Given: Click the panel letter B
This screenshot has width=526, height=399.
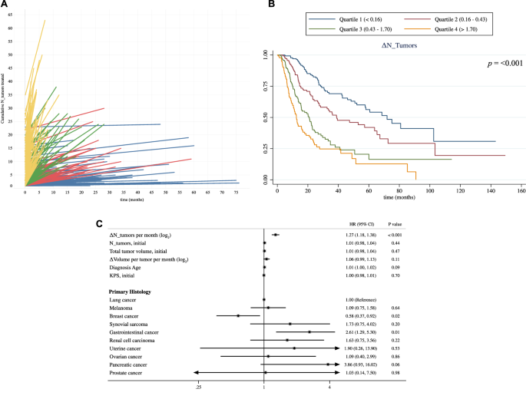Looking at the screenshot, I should pyautogui.click(x=270, y=5).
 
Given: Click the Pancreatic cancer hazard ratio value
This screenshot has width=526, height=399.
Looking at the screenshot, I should pyautogui.click(x=366, y=364).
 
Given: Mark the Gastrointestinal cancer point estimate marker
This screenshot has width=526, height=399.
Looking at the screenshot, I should pyautogui.click(x=309, y=332).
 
